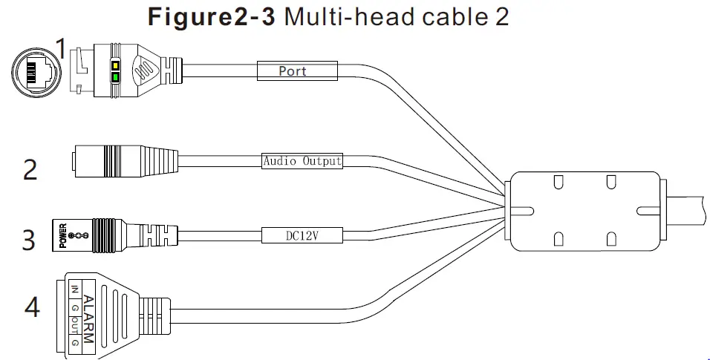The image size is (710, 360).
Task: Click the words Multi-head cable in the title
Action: tap(380, 17)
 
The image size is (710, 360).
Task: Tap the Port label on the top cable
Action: tap(292, 71)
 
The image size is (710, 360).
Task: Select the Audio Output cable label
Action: tap(302, 161)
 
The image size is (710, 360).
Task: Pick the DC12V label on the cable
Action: tap(302, 235)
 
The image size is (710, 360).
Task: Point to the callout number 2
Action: tap(30, 169)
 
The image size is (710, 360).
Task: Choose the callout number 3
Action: tap(28, 241)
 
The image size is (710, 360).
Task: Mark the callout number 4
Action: tap(32, 306)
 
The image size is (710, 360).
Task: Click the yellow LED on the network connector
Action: tap(116, 65)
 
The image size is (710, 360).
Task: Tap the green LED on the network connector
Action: tap(116, 76)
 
